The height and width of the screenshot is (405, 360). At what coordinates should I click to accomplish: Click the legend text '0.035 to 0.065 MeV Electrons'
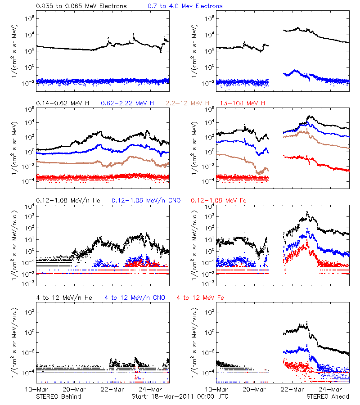[x=81, y=6]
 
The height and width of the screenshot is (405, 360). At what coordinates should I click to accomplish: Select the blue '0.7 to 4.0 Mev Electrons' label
[x=185, y=6]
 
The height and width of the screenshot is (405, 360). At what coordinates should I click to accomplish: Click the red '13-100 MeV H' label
[x=243, y=103]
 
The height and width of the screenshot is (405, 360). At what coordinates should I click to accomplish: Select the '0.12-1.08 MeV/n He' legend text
[x=68, y=200]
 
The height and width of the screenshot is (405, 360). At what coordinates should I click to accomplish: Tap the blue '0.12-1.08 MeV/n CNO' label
[x=146, y=200]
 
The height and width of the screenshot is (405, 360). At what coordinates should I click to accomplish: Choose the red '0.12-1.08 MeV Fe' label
[x=219, y=200]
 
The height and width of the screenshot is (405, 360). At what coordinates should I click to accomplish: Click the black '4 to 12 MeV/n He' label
[x=64, y=297]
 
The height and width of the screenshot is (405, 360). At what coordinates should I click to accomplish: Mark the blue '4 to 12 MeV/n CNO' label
[x=135, y=297]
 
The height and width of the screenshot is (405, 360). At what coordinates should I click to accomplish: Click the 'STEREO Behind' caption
[x=58, y=396]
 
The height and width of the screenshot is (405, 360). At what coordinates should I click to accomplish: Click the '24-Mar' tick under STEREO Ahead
[x=330, y=389]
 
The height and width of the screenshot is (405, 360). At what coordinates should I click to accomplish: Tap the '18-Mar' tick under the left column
[x=36, y=389]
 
